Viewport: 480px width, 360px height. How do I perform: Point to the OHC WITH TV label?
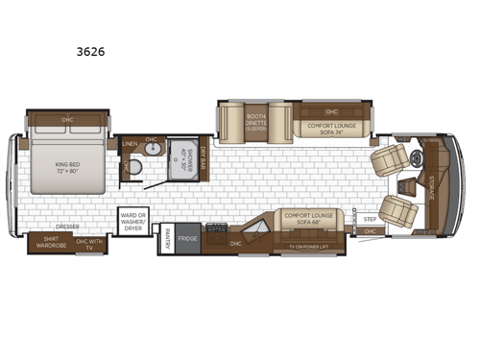click(x=91, y=242)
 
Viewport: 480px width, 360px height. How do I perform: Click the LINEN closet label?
click(x=130, y=145)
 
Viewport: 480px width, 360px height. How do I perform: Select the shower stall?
click(x=183, y=160)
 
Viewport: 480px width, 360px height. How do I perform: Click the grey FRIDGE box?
click(x=187, y=238)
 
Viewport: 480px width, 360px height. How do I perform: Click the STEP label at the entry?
click(x=370, y=217)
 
